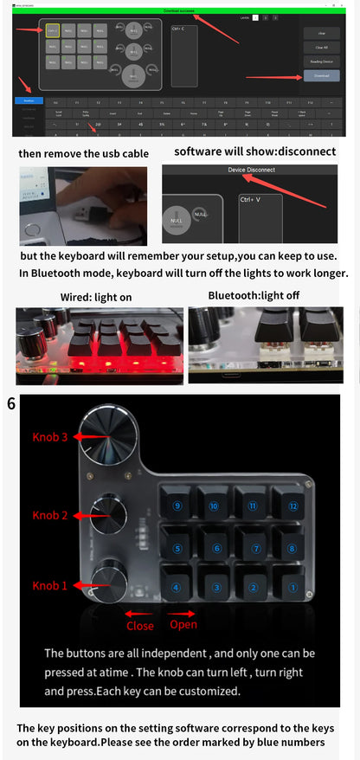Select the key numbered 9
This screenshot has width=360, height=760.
(177, 506)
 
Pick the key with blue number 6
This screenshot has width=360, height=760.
(215, 548)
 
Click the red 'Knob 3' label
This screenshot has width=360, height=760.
(50, 437)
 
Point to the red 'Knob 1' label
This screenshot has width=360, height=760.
(50, 585)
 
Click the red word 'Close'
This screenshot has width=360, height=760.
(140, 626)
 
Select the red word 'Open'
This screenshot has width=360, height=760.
(183, 624)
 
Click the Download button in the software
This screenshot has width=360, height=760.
(321, 76)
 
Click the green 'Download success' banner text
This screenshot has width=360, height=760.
(180, 10)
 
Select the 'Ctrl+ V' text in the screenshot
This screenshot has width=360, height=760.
(251, 200)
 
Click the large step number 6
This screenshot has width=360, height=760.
(10, 403)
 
